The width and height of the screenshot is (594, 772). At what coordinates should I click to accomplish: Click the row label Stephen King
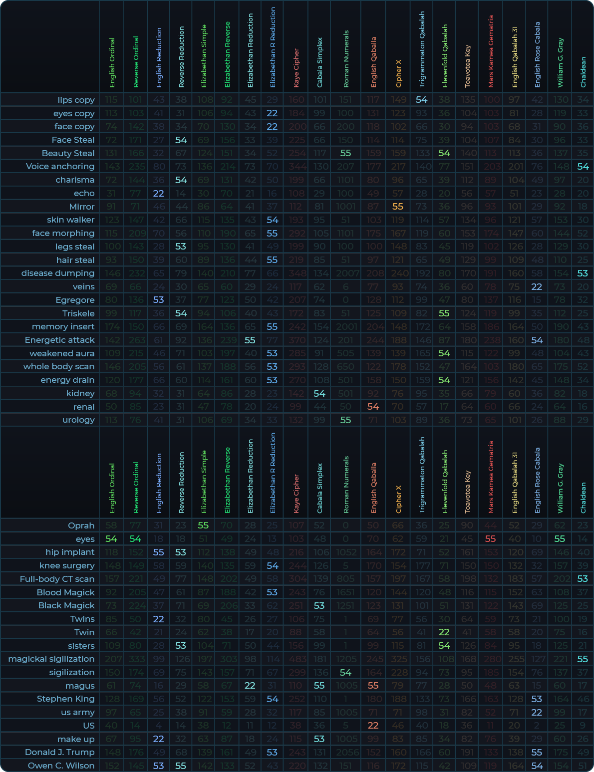point(65,699)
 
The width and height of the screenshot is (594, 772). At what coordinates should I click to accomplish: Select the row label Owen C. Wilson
point(61,766)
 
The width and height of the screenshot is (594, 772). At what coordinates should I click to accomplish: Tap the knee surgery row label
point(67,565)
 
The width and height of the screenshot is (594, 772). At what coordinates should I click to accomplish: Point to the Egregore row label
point(75,300)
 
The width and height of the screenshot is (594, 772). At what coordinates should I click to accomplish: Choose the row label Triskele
point(78,313)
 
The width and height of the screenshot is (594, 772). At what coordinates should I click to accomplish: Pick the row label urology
point(78,420)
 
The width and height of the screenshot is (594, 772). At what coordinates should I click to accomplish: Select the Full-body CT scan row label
point(57,579)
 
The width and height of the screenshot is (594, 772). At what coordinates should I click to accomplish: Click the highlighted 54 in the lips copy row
point(422,100)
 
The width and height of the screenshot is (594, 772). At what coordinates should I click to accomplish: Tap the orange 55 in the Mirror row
point(398,207)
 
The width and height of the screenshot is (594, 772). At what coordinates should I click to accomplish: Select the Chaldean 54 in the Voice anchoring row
point(583,167)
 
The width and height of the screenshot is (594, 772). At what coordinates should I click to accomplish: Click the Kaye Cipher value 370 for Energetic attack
point(297,340)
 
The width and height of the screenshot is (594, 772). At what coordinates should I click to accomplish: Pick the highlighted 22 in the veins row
point(537,286)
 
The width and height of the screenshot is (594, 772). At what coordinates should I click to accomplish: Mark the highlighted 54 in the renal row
point(373,407)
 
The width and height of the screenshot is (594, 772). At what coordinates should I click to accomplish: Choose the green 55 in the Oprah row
point(203,525)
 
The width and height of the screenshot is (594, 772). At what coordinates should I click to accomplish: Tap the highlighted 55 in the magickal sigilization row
point(583,659)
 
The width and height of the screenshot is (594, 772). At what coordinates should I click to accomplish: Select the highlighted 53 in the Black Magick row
point(319,605)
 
